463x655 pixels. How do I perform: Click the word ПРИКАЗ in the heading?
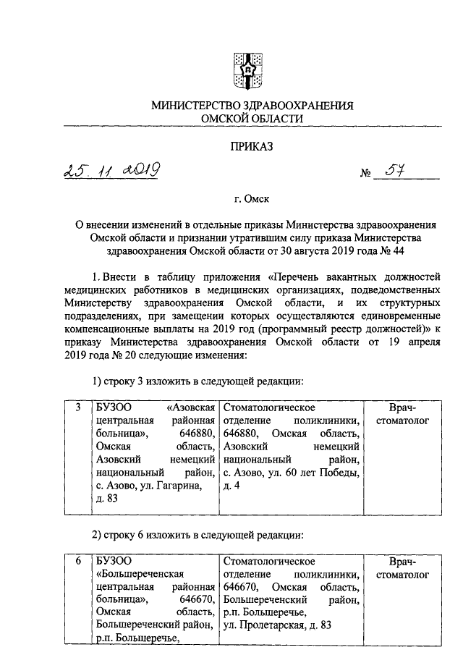pos(252,147)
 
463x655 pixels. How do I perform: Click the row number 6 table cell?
pos(77,561)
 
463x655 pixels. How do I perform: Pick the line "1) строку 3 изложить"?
pos(195,381)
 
